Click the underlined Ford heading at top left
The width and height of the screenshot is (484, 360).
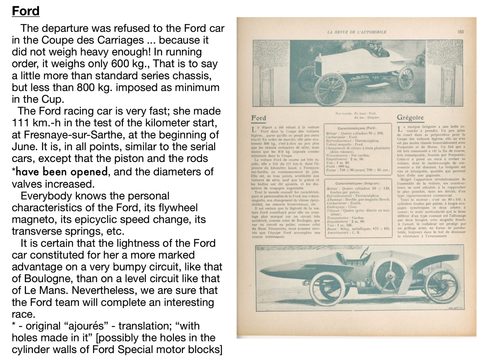pos(26,11)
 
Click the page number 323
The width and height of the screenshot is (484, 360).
pos(460,32)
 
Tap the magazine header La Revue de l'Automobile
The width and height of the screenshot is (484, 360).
pos(357,32)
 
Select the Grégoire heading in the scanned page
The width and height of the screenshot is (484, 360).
pos(410,117)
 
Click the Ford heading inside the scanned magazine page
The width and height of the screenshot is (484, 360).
pos(259,118)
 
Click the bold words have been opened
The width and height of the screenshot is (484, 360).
pos(61,172)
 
